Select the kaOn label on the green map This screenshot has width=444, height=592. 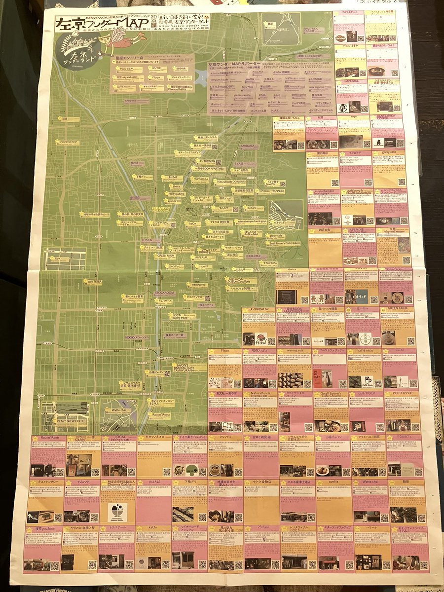pyautogui.click(x=193, y=223)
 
